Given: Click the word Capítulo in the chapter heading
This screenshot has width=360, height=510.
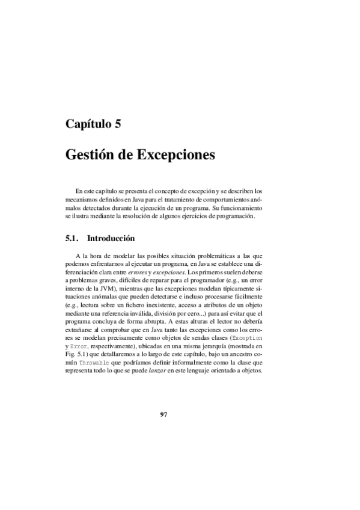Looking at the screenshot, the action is tap(90, 125).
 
